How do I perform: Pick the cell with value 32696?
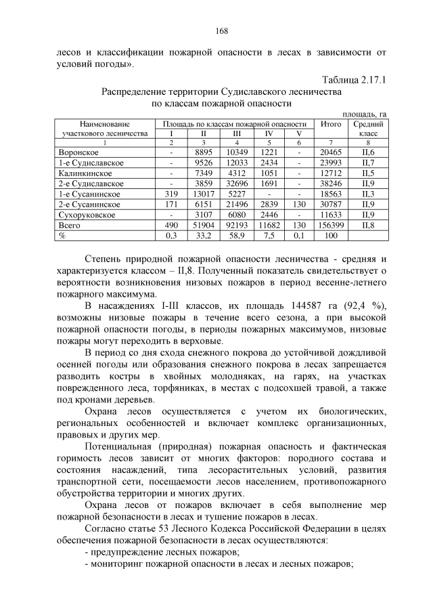pos(236,184)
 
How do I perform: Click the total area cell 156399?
pos(331,225)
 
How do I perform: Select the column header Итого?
pos(331,124)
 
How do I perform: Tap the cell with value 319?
pos(171,194)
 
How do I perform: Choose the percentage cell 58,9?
pos(236,235)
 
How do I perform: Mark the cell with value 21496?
pos(236,205)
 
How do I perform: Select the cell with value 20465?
pos(331,153)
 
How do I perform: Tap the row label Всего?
pos(70,225)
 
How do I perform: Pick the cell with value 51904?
pos(204,225)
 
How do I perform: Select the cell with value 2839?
pos(269,205)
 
